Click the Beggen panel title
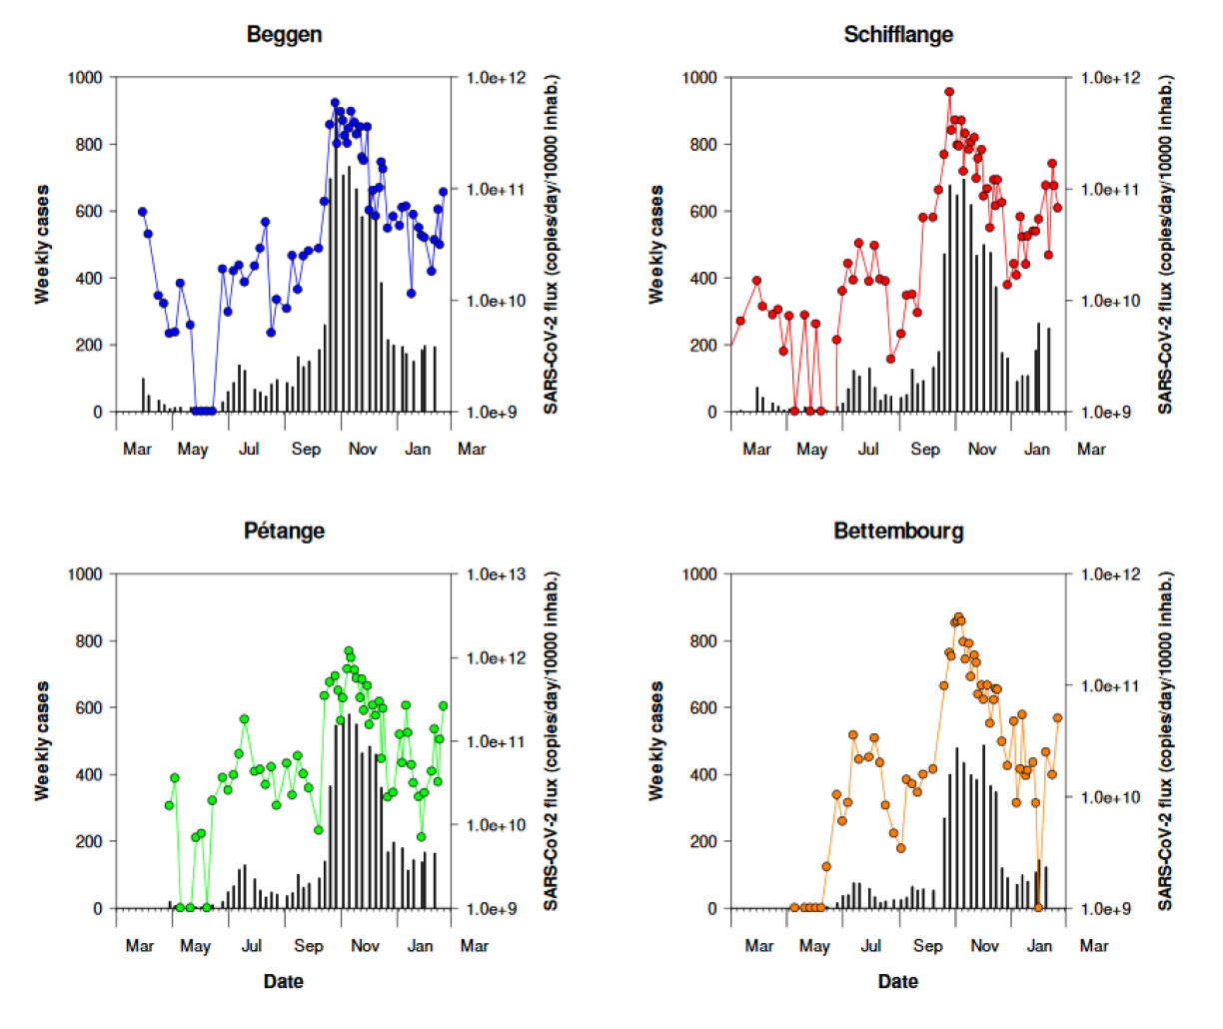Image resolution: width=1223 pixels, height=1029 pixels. [284, 34]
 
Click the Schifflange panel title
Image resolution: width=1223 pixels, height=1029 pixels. [897, 34]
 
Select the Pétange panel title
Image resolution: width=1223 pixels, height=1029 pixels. [284, 530]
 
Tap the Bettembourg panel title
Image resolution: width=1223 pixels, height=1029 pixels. [897, 530]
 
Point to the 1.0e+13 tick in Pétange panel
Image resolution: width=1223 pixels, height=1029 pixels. [496, 574]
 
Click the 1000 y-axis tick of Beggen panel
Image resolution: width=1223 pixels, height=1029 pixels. [85, 78]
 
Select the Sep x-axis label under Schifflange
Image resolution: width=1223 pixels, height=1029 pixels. [924, 450]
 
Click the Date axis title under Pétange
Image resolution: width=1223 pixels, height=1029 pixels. [283, 982]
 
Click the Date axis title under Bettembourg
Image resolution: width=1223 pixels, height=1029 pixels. [897, 982]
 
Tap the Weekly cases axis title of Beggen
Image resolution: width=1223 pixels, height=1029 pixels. [42, 245]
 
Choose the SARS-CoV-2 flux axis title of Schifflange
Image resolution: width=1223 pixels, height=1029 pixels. [1165, 245]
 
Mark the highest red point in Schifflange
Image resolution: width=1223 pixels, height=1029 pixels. [949, 92]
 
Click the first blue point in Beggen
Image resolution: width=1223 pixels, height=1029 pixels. [142, 212]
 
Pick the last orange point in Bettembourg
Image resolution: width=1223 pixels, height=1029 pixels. [1057, 718]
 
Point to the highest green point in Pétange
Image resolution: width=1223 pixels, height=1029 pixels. [349, 651]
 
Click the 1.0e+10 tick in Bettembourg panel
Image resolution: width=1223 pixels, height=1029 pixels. [1110, 797]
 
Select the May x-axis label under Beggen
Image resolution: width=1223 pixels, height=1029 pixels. [193, 450]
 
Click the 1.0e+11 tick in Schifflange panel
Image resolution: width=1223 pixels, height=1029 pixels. [1110, 190]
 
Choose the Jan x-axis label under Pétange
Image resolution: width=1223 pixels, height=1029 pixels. [421, 946]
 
